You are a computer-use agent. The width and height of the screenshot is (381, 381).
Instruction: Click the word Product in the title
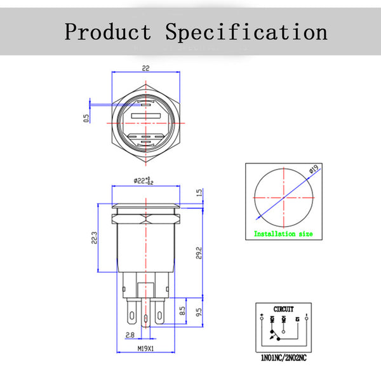(x=108, y=31)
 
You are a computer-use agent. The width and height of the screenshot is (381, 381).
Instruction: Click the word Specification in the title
(x=246, y=31)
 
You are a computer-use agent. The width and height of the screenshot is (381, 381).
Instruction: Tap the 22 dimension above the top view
(x=145, y=68)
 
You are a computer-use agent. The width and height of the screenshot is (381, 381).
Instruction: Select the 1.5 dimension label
(x=199, y=192)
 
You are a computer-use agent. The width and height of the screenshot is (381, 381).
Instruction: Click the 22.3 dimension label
(x=95, y=237)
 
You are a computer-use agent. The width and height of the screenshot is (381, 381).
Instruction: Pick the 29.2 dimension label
(x=199, y=253)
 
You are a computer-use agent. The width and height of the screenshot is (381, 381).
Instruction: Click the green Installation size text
(x=283, y=234)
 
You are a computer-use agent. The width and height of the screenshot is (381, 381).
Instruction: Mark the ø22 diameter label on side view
(x=144, y=180)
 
